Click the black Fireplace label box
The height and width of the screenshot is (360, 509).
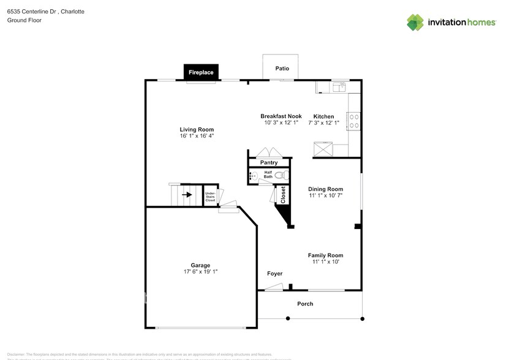tap(200, 72)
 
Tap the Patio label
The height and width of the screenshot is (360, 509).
tap(282, 69)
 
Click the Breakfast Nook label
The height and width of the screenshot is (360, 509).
tap(281, 116)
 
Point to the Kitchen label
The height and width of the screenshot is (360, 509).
tap(323, 116)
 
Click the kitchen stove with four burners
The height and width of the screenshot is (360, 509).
tap(353, 120)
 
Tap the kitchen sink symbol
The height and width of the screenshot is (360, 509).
tap(339, 88)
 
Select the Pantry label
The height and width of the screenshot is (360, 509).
tap(269, 163)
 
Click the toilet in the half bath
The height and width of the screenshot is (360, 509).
tap(280, 176)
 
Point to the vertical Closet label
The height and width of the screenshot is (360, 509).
tap(283, 195)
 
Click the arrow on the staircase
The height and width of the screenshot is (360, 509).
tap(187, 195)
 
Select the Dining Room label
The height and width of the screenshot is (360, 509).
tap(325, 189)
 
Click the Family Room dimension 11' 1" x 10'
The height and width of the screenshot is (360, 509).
tap(325, 262)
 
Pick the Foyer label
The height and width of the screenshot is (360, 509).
tap(274, 273)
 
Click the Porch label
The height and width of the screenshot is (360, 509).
tap(305, 304)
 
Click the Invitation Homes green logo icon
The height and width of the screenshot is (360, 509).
tap(415, 23)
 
